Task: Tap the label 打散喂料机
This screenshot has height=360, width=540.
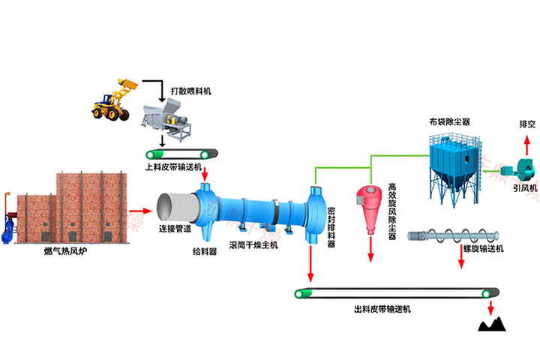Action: pyautogui.click(x=191, y=91)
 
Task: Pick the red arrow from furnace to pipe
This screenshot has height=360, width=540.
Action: pyautogui.click(x=139, y=211)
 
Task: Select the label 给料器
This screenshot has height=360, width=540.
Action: pyautogui.click(x=205, y=253)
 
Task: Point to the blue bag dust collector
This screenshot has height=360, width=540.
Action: pyautogui.click(x=453, y=161)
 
